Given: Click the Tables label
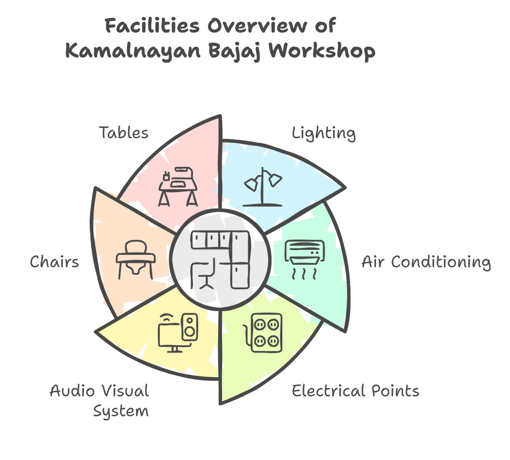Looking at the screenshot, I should (x=124, y=132).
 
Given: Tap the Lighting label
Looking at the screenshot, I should (x=324, y=133).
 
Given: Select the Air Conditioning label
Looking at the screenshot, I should (x=426, y=262).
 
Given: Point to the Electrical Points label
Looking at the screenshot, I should (x=356, y=391).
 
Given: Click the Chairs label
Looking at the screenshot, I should (x=54, y=262).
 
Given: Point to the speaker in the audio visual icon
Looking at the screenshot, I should (x=190, y=327).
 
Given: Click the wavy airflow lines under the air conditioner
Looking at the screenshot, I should (x=304, y=273).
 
